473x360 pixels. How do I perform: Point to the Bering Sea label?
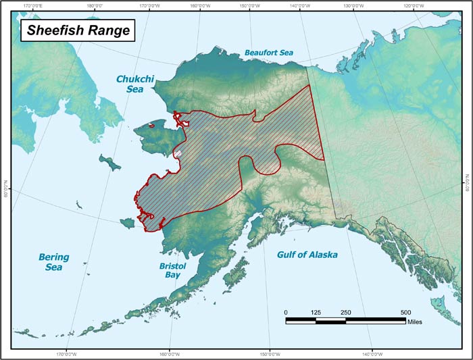54,262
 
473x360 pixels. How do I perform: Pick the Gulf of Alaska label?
307,255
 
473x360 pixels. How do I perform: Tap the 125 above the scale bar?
316,312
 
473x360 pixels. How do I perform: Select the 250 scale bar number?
346,312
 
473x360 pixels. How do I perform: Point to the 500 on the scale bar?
405,312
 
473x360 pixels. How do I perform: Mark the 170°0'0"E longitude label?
32,5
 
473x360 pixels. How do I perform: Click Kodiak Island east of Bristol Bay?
236,277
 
